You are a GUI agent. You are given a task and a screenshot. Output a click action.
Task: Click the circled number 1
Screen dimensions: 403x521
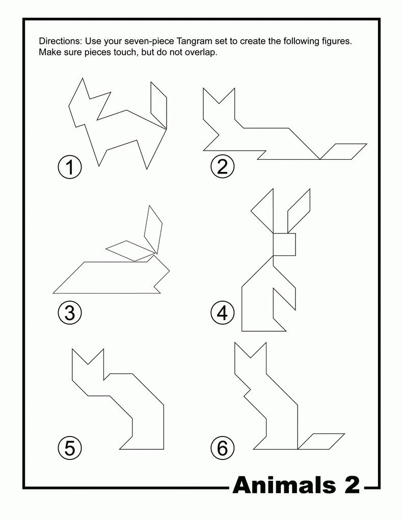[70, 167]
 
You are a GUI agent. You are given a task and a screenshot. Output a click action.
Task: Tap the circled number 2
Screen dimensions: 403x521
[222, 167]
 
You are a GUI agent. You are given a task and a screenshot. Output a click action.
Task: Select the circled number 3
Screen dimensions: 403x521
[70, 313]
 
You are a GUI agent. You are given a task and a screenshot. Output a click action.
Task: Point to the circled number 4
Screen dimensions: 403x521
[222, 313]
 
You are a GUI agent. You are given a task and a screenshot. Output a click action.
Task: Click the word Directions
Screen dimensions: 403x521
[60, 41]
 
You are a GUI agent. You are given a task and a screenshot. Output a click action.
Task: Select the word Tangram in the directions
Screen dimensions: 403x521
[193, 42]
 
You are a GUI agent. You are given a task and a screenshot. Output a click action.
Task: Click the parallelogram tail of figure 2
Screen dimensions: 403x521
[343, 152]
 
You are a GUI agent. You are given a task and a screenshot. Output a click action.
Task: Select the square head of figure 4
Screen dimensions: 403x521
[284, 245]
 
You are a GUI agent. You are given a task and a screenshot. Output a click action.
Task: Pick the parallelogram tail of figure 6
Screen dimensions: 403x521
[321, 442]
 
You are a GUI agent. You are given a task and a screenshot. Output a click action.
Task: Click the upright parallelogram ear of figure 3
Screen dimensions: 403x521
[153, 228]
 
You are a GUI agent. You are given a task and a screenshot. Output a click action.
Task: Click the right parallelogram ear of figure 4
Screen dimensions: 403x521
[299, 211]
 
